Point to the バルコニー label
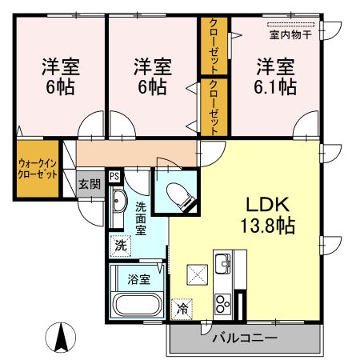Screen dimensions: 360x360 click(x=244, y=338)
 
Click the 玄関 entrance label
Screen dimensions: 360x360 click(x=89, y=184)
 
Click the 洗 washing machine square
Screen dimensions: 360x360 click(x=119, y=245)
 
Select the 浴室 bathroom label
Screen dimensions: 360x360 click(x=138, y=279)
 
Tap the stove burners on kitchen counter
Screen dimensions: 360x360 click(x=222, y=302)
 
